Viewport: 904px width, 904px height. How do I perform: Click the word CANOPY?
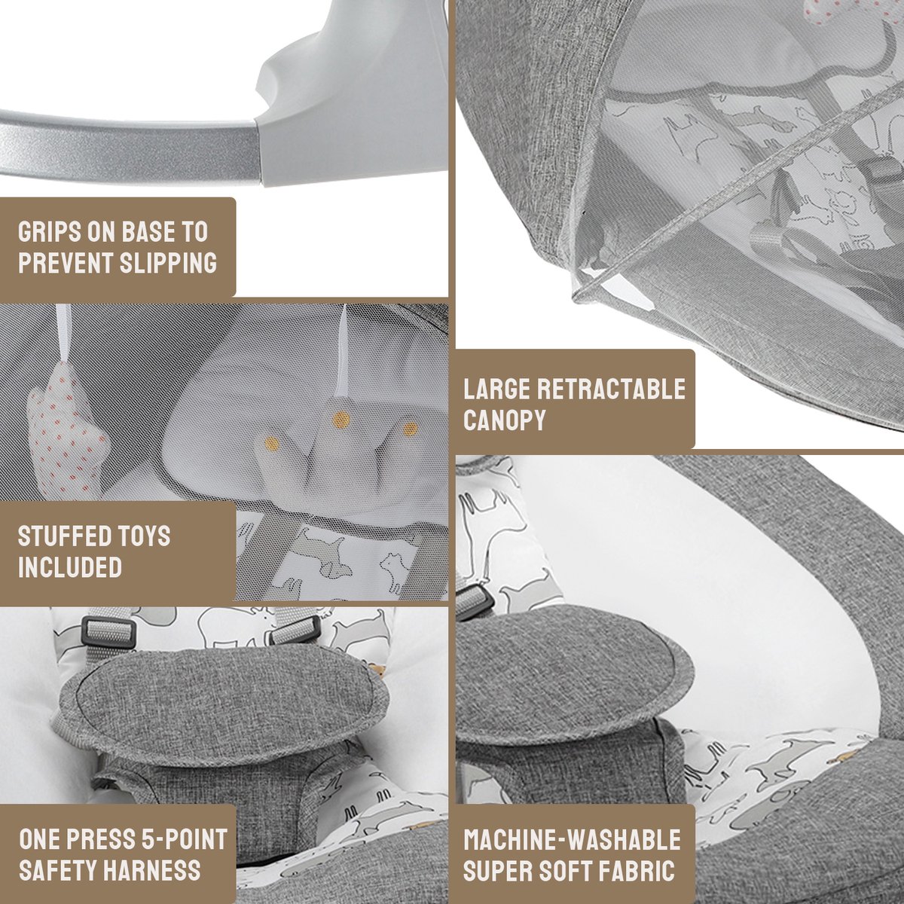(505, 419)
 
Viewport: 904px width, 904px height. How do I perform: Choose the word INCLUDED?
(70, 567)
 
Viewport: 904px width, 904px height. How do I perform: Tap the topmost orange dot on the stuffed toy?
(341, 417)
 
